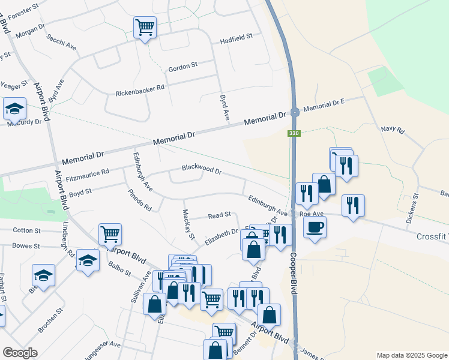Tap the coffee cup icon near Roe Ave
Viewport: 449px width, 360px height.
315,227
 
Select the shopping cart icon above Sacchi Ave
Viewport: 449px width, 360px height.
145,26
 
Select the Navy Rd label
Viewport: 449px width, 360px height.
393,130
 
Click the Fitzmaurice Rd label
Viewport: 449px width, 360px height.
88,175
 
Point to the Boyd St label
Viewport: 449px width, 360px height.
80,193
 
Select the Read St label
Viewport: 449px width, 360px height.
219,215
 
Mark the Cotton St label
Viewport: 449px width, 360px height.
26,230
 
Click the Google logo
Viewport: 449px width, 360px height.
20,353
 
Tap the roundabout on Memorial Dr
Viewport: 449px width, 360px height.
295,112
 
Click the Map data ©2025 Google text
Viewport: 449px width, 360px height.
411,355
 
